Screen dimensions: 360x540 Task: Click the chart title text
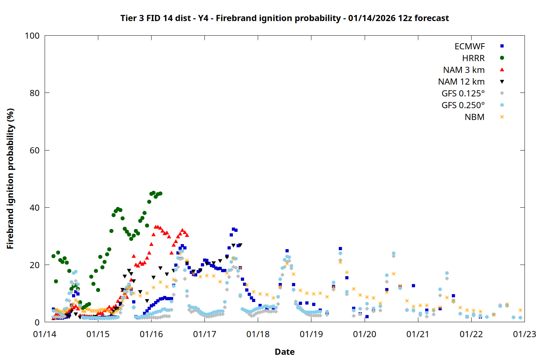pos(284,18)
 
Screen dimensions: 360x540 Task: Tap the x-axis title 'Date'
pos(284,352)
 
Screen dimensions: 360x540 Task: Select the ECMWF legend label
pos(469,46)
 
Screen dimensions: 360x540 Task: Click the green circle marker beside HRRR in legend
pos(502,58)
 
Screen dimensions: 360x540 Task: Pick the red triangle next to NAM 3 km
pos(502,70)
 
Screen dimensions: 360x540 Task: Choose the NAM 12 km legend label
pos(461,82)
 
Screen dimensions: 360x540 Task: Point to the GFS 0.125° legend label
pos(463,94)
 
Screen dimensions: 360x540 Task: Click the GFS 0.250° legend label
pos(463,105)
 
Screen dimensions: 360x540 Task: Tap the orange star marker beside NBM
pos(502,117)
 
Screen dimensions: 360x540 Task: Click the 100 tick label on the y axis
pos(32,36)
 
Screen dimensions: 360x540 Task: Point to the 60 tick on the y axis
pos(35,150)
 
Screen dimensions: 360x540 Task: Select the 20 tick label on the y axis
pos(35,265)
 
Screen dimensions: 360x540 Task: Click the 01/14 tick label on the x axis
pos(45,334)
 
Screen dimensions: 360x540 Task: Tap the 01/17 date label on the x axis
pos(204,334)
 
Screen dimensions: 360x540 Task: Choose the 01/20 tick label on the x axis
pos(364,334)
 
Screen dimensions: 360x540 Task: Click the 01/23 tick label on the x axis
pos(524,334)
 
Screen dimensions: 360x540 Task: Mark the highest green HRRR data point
pos(153,193)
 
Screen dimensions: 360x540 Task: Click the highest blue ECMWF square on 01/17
pos(233,229)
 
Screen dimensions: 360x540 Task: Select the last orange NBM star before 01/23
pos(520,310)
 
